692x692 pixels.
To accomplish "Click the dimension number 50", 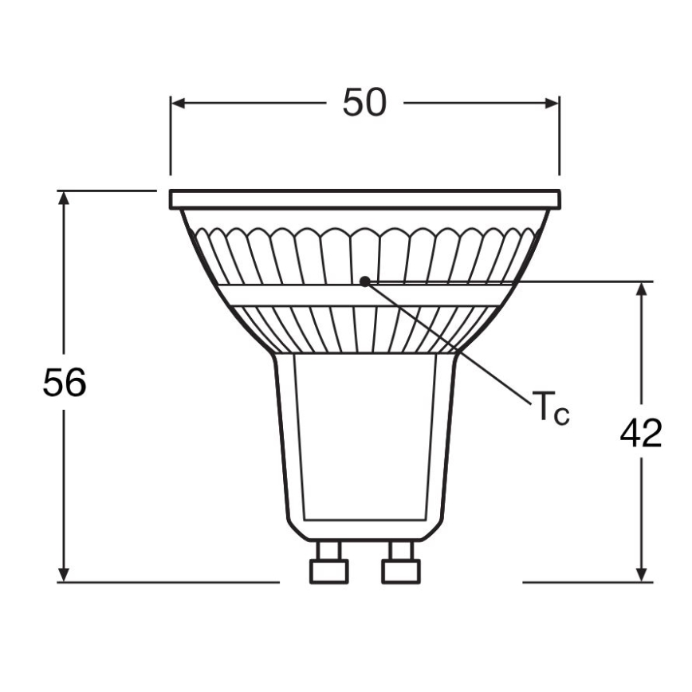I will pos(364,103).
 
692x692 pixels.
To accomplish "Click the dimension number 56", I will pos(65,383).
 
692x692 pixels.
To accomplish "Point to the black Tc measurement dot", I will pos(364,281).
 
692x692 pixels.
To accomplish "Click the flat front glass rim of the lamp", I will pos(364,199).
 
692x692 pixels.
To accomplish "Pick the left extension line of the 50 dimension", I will pos(170,136).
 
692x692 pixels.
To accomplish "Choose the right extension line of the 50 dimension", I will pos(559,136).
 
